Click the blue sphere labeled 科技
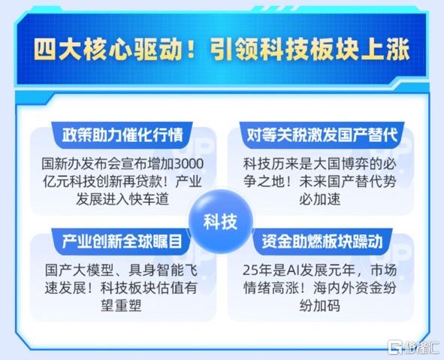(x=221, y=221)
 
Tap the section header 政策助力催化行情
(x=122, y=135)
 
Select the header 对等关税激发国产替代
(x=322, y=135)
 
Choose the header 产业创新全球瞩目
(x=122, y=241)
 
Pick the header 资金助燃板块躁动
(x=322, y=241)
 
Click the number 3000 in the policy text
(x=189, y=164)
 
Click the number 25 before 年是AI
(x=249, y=271)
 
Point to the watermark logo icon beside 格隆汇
(x=395, y=346)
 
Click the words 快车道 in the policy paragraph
(x=149, y=199)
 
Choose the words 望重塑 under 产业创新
(x=121, y=306)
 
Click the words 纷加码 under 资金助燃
(x=320, y=306)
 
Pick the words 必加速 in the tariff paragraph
(x=320, y=199)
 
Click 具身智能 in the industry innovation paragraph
(x=156, y=271)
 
